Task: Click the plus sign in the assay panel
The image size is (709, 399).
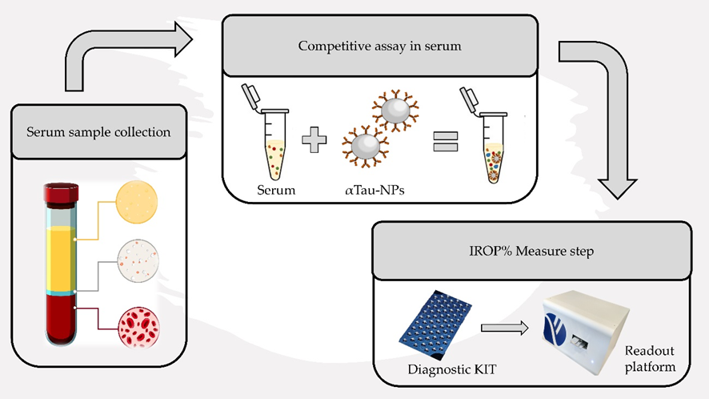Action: coord(314,146)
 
